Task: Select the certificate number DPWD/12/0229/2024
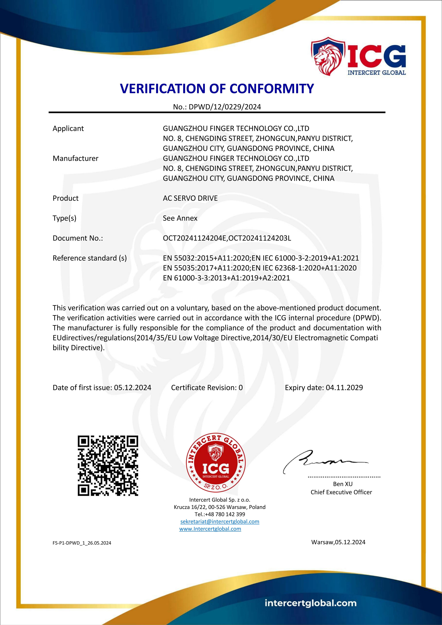pyautogui.click(x=225, y=107)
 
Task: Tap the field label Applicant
pyautogui.click(x=68, y=128)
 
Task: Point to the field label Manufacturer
pyautogui.click(x=75, y=158)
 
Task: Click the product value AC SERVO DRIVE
pyautogui.click(x=190, y=198)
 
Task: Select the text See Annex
pyautogui.click(x=180, y=218)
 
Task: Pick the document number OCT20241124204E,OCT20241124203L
pyautogui.click(x=227, y=238)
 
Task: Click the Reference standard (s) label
pyautogui.click(x=90, y=258)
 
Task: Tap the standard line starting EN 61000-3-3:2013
pyautogui.click(x=227, y=278)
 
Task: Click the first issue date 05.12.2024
pyautogui.click(x=133, y=388)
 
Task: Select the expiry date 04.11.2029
pyautogui.click(x=344, y=388)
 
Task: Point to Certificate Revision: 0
pyautogui.click(x=207, y=388)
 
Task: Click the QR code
pyautogui.click(x=108, y=465)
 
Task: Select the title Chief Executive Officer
pyautogui.click(x=341, y=492)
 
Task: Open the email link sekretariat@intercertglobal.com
pyautogui.click(x=220, y=522)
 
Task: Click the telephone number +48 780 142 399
pyautogui.click(x=223, y=514)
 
